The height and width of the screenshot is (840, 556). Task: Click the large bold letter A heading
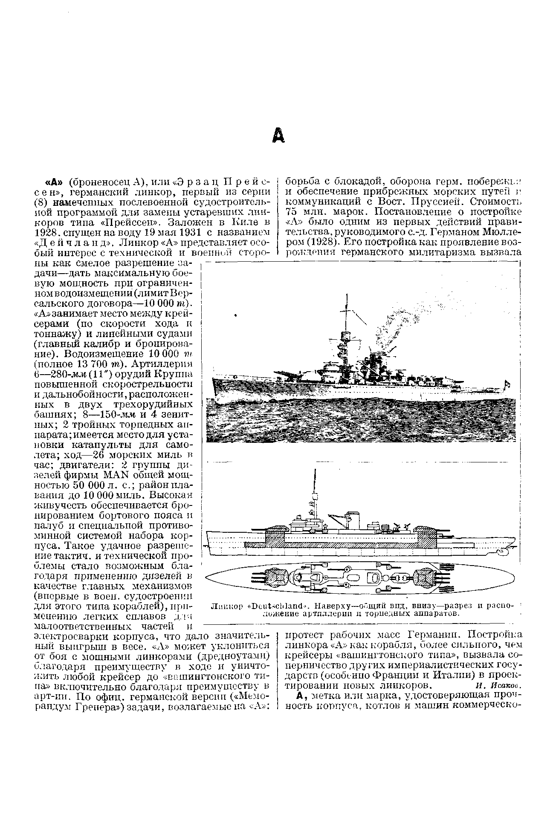[x=278, y=136]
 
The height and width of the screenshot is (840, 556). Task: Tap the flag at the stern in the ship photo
[x=508, y=385]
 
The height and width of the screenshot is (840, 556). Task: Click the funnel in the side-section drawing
[x=353, y=519]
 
